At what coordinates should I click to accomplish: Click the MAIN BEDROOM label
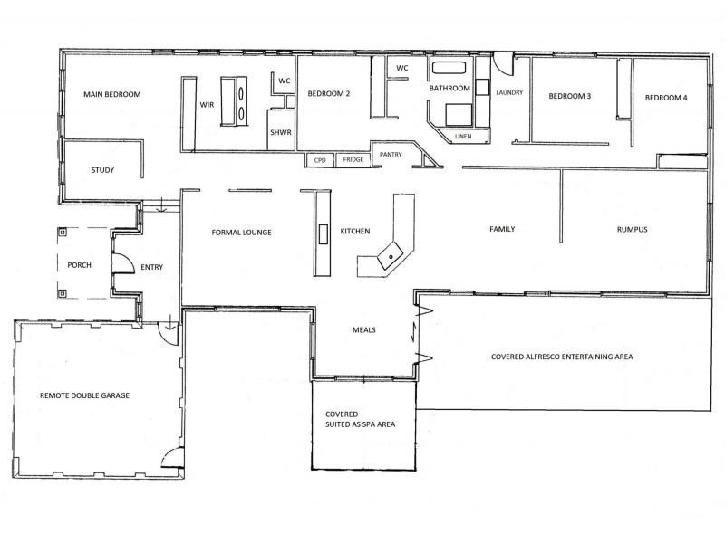[x=112, y=94]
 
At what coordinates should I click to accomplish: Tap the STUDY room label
[x=102, y=169]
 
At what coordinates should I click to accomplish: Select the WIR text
[x=206, y=105]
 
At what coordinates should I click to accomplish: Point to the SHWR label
[x=280, y=133]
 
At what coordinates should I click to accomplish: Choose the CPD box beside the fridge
[x=319, y=160]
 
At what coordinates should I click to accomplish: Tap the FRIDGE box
[x=351, y=160]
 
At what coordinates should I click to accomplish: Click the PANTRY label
[x=391, y=155]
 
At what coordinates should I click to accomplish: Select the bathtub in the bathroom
[x=449, y=68]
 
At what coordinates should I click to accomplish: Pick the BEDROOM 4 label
[x=666, y=97]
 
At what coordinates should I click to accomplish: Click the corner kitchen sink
[x=391, y=256]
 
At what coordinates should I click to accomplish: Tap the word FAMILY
[x=502, y=229]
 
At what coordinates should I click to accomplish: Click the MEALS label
[x=363, y=329]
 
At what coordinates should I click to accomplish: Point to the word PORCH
[x=81, y=266]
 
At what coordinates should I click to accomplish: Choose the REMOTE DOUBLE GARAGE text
[x=84, y=396]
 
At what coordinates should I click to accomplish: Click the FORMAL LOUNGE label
[x=242, y=233]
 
